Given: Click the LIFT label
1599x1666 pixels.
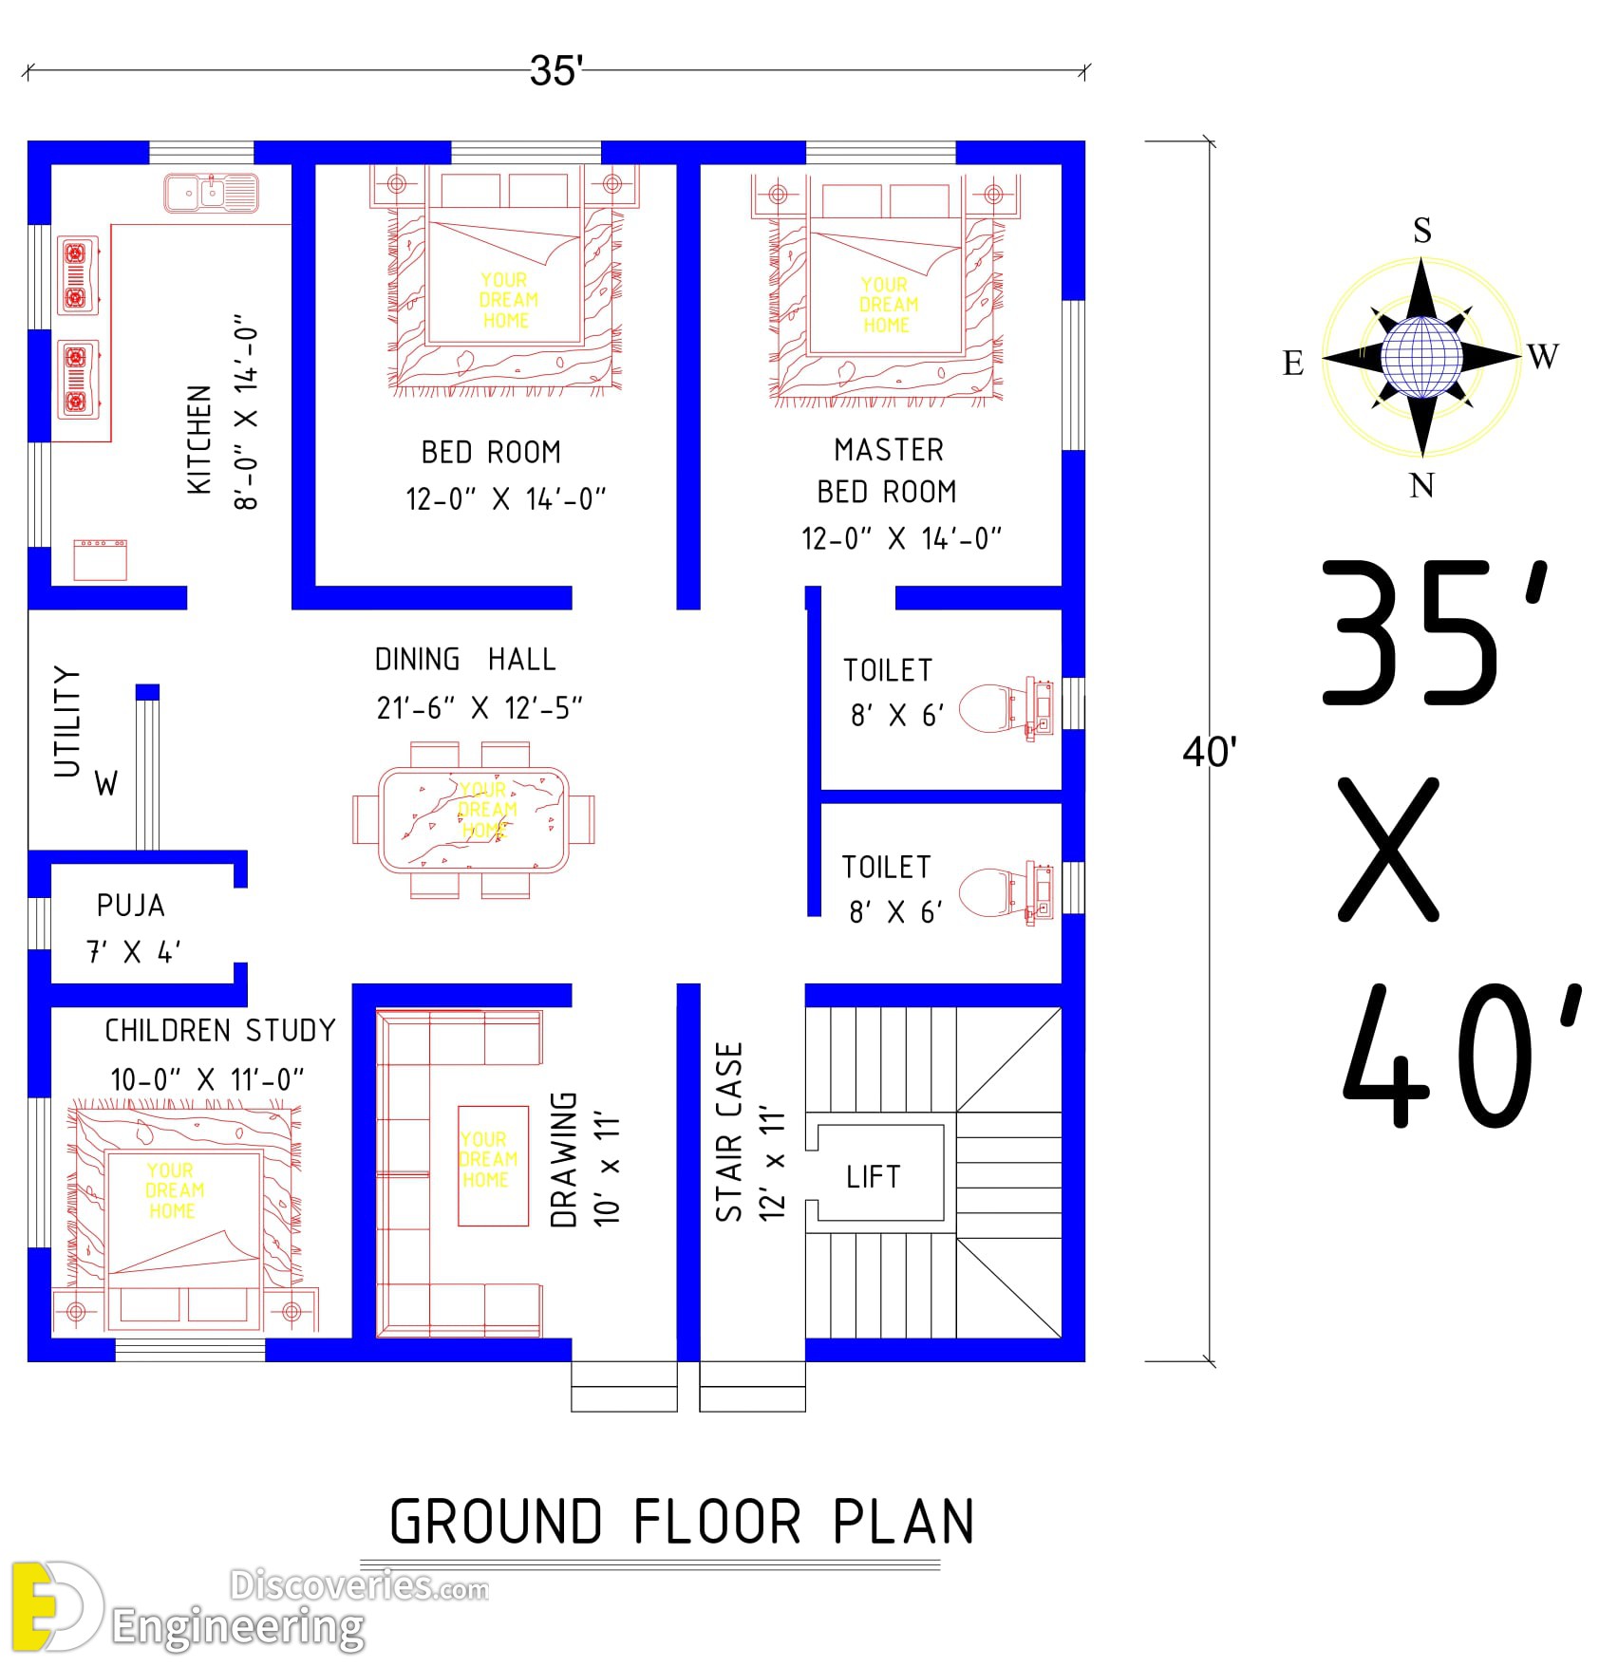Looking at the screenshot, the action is (873, 1177).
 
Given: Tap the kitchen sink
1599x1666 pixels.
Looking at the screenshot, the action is (211, 193).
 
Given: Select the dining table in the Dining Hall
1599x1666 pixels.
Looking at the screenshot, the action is (474, 820).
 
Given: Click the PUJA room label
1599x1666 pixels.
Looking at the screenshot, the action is (131, 906).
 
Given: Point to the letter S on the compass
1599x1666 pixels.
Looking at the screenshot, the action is (1421, 231).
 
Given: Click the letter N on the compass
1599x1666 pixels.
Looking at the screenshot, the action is (1421, 486).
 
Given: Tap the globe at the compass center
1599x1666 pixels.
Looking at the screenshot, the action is (1420, 357).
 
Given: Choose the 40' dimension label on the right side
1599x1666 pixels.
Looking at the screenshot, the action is (1209, 753).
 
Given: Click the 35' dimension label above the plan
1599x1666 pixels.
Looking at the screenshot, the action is (556, 70).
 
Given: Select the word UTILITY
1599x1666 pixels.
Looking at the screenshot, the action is (66, 721).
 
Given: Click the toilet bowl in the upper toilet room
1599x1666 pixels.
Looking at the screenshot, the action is (984, 707).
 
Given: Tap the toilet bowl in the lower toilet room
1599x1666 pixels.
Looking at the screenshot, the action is (984, 890).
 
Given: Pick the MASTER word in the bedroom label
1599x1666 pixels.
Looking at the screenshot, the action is (889, 450).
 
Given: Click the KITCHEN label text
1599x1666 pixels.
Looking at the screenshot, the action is (199, 440).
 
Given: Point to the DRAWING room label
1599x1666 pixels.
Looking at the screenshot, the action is (564, 1159).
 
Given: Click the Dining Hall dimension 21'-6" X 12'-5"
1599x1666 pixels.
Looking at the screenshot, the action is (480, 708).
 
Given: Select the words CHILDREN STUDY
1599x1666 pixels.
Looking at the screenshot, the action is (220, 1031).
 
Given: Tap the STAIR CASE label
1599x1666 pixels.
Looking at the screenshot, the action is (728, 1132).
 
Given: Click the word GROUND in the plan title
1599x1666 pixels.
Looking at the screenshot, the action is (496, 1522).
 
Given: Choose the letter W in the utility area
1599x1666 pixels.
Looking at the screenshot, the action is (106, 784).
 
